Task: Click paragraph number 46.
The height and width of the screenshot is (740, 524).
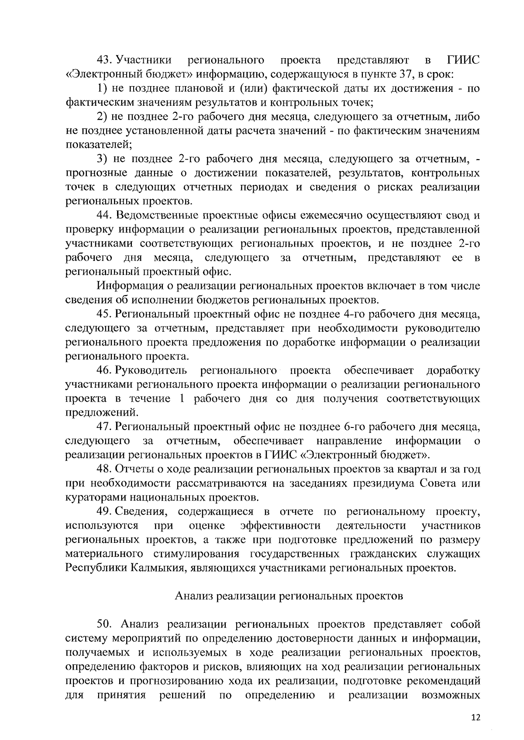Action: coord(105,371)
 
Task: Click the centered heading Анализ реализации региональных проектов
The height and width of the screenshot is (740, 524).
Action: coord(289,596)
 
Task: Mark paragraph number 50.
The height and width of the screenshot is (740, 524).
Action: coord(106,624)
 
